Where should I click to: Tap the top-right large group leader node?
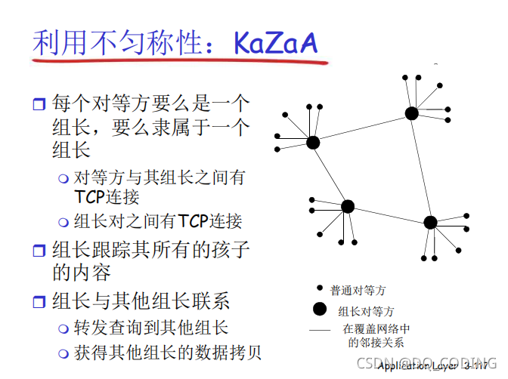(411, 113)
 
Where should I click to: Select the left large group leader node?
(313, 142)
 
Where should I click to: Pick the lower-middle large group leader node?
(348, 206)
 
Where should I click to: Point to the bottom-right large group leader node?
(430, 222)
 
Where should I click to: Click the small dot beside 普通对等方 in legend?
(320, 288)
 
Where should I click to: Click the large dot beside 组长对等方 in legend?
(320, 309)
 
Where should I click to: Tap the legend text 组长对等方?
(366, 310)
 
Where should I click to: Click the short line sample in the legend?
(321, 331)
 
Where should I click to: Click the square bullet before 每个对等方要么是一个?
(39, 103)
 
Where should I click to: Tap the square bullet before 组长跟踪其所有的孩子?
(39, 248)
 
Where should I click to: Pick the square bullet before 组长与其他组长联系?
(39, 302)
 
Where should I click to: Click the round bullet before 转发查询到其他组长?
(63, 328)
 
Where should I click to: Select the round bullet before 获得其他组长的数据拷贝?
(63, 353)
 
